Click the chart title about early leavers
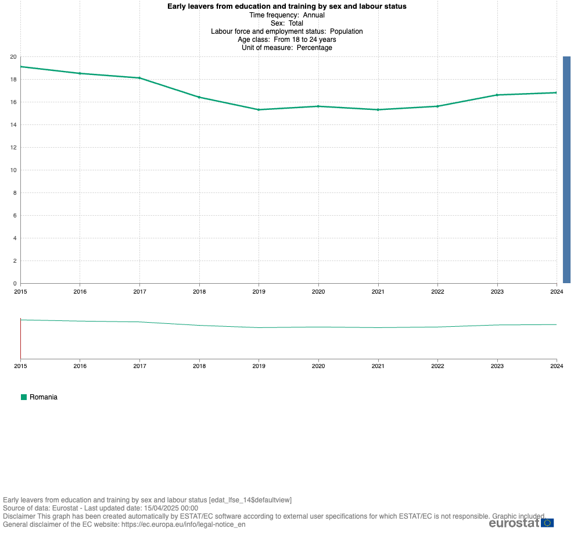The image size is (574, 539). click(x=286, y=6)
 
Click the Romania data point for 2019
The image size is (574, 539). click(x=259, y=109)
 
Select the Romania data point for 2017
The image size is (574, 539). click(x=139, y=78)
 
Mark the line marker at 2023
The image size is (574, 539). click(x=497, y=95)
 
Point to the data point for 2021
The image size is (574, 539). click(x=378, y=109)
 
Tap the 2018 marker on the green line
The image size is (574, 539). click(x=199, y=97)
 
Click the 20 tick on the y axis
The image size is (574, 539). click(x=13, y=56)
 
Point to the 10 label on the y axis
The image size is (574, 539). click(x=13, y=170)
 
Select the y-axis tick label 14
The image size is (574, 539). click(x=13, y=124)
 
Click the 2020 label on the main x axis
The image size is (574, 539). click(x=318, y=291)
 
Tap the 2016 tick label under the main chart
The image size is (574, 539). click(x=80, y=291)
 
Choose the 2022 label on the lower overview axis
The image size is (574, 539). click(x=437, y=366)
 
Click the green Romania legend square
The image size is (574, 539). click(x=24, y=397)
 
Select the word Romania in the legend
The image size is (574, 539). click(x=44, y=397)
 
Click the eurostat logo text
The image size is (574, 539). click(x=514, y=522)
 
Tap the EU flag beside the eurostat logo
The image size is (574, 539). click(x=547, y=522)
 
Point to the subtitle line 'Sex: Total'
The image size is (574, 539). click(x=286, y=23)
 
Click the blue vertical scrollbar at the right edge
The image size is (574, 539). click(x=566, y=169)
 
